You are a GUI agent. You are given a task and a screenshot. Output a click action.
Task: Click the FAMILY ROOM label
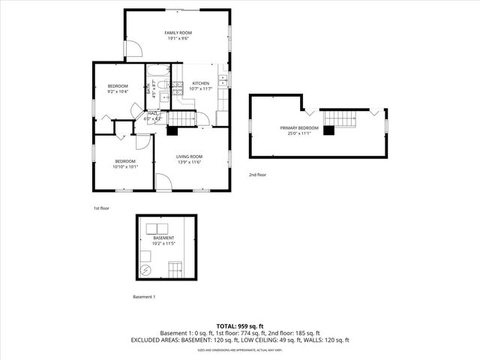178,33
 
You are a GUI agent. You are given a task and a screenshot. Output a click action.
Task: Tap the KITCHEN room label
200,83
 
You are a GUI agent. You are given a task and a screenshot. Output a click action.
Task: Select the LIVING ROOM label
190,156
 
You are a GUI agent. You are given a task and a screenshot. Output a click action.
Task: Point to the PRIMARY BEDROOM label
299,128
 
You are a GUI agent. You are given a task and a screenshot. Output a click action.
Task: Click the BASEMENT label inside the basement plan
163,238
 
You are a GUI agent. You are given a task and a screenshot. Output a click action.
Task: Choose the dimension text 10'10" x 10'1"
125,166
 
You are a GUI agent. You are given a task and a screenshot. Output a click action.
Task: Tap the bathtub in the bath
159,73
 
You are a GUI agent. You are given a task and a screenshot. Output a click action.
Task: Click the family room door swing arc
132,49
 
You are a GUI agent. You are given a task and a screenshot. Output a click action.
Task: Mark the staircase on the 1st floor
180,118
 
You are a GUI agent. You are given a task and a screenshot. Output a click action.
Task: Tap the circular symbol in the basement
146,270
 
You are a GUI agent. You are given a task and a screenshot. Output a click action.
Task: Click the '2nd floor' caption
257,175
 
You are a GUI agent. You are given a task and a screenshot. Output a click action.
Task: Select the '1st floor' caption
101,208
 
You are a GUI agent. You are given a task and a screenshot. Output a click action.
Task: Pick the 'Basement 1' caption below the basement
144,297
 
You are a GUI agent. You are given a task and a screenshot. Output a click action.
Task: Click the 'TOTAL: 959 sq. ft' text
239,326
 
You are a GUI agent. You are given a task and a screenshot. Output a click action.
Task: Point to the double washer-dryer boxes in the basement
157,229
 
